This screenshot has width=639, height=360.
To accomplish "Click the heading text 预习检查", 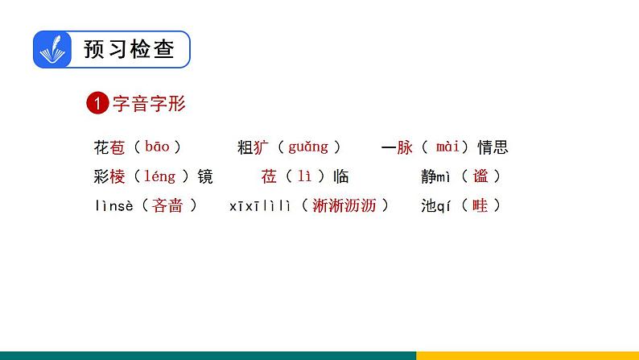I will [x=129, y=50].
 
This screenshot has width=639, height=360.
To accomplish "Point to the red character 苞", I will [x=117, y=147].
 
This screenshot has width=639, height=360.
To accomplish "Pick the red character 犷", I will [x=262, y=147].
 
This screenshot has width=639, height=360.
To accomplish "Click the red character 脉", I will [x=405, y=147].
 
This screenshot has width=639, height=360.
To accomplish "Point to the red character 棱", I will [x=117, y=176].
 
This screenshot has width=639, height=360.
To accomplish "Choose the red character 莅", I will [x=269, y=176].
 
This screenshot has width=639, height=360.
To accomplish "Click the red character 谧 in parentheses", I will [x=480, y=176].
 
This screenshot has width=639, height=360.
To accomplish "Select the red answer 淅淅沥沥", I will [x=344, y=205].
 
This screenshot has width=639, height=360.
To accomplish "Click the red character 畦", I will [x=480, y=205].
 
